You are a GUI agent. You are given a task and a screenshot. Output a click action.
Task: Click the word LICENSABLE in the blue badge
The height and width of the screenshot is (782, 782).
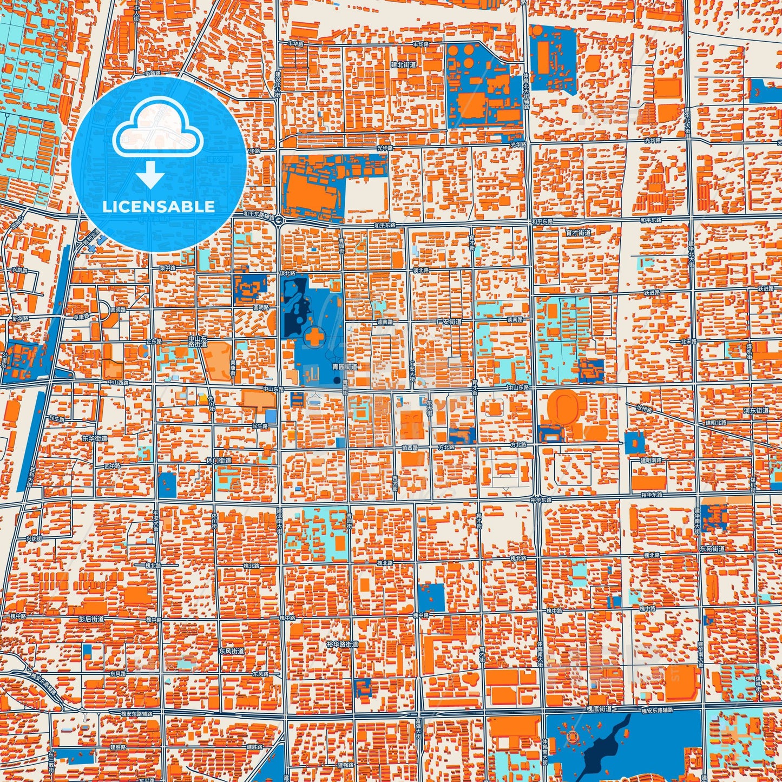coord(158,207)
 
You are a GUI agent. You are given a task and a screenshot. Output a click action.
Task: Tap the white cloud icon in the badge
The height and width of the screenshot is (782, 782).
coord(157,130)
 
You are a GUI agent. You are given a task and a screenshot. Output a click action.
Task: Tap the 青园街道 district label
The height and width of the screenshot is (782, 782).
coord(344,367)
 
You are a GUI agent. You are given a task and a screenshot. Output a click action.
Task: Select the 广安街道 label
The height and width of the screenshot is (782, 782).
coord(449,321)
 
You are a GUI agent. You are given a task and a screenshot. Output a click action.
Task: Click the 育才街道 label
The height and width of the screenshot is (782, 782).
coord(578,233)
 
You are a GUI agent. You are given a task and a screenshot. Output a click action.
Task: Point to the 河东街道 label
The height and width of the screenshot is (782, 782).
coord(755,411)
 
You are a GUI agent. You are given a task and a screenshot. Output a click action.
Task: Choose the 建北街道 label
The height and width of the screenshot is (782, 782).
coord(404,64)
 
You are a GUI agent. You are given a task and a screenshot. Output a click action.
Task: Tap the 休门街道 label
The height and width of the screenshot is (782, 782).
coord(219,461)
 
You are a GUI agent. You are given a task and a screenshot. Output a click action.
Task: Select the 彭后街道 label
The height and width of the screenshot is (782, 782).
coord(91,619)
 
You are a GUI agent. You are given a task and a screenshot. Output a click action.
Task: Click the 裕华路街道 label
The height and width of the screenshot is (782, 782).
coord(343,645)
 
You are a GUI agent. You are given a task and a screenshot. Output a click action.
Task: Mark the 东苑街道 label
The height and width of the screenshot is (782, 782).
coord(712,549)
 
